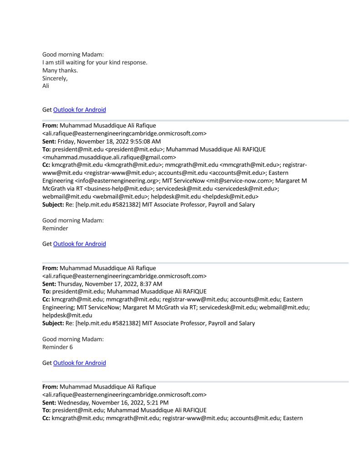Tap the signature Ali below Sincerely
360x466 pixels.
(46, 86)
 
